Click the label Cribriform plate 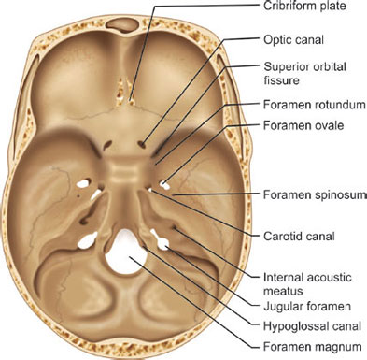[304, 6]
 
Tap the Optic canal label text [294, 40]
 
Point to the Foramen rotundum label [315, 105]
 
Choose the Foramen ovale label [303, 125]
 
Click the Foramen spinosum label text [314, 195]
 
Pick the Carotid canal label [299, 237]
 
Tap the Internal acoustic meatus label [307, 284]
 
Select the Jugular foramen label [307, 307]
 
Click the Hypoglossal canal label [312, 326]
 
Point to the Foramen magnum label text [313, 347]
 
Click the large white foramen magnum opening [125, 252]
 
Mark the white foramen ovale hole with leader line [164, 185]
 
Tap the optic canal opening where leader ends [143, 144]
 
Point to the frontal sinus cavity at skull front [121, 24]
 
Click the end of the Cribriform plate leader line [131, 100]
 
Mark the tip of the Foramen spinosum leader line [174, 195]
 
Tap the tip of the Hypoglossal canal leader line [144, 247]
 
